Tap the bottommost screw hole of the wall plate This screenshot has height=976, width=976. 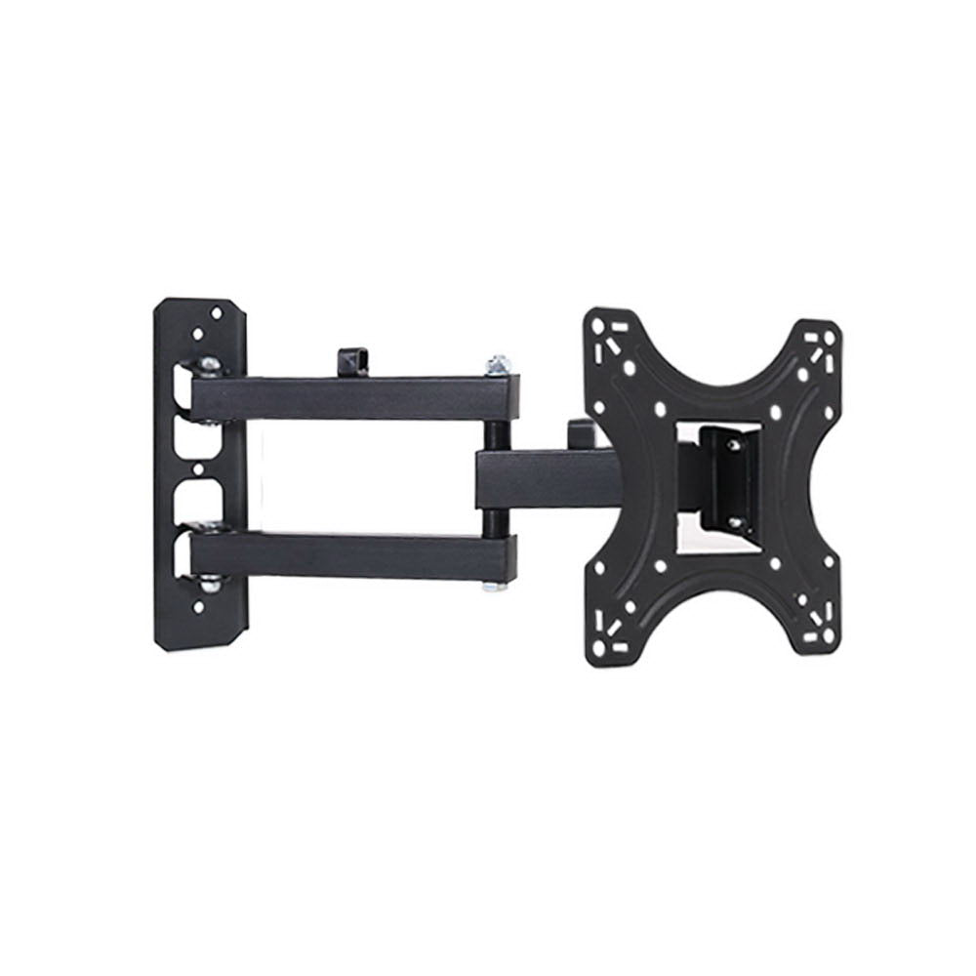pyautogui.click(x=199, y=607)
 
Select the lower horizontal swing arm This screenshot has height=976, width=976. pyautogui.click(x=351, y=557)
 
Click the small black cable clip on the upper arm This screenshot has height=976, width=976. pyautogui.click(x=354, y=361)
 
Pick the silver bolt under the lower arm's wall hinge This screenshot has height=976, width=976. pyautogui.click(x=208, y=587)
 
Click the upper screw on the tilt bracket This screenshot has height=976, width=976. pyautogui.click(x=734, y=445)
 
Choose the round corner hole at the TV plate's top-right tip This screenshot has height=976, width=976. pyautogui.click(x=829, y=338)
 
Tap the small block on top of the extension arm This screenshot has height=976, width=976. pyautogui.click(x=579, y=430)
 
